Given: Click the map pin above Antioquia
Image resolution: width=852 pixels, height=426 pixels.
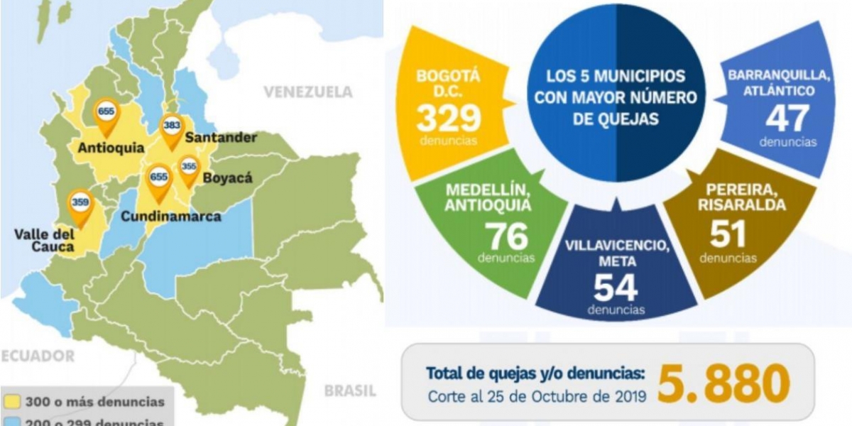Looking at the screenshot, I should pyautogui.click(x=106, y=114).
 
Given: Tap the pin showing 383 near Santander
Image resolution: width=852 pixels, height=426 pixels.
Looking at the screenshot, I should pyautogui.click(x=171, y=129).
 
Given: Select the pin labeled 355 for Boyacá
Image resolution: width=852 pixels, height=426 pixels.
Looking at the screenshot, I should pyautogui.click(x=189, y=169).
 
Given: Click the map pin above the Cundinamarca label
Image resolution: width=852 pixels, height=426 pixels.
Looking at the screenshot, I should pyautogui.click(x=158, y=180).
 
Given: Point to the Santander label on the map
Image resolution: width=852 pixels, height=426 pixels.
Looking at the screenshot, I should pyautogui.click(x=221, y=138).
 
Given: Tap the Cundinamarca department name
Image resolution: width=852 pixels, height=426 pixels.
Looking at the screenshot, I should pyautogui.click(x=170, y=216).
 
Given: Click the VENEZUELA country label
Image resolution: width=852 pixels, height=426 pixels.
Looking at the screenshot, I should pyautogui.click(x=307, y=92).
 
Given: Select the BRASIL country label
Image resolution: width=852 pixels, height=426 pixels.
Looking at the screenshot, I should pyautogui.click(x=349, y=390).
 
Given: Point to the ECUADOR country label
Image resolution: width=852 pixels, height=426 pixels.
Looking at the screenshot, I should pyautogui.click(x=37, y=356).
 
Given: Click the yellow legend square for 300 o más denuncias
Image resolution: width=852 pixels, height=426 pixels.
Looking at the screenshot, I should pyautogui.click(x=11, y=402).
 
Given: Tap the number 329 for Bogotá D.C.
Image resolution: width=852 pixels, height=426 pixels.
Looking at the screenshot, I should pyautogui.click(x=449, y=118).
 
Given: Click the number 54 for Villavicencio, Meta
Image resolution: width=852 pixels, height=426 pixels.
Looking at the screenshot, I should pyautogui.click(x=616, y=288).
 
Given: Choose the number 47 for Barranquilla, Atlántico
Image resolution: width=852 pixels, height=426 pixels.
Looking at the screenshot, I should pyautogui.click(x=787, y=119).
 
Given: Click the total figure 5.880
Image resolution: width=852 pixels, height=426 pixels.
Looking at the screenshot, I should pyautogui.click(x=723, y=383).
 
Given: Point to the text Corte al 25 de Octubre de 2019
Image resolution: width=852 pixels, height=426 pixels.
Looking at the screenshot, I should pyautogui.click(x=537, y=395).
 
